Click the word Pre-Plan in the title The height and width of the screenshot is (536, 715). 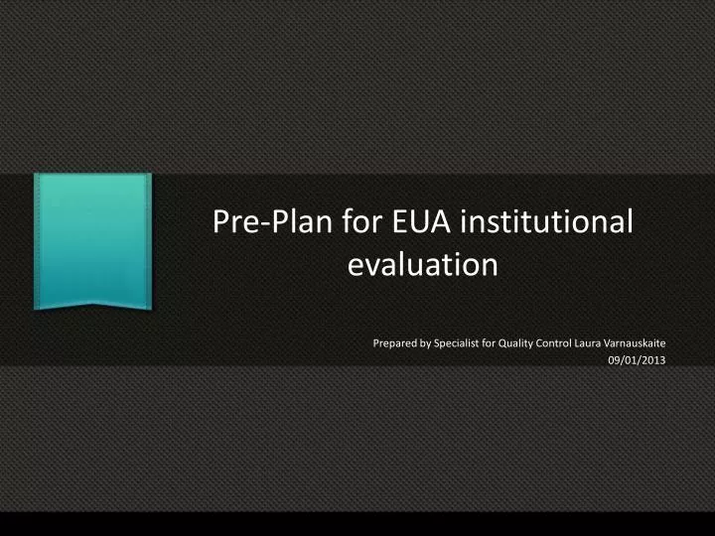coord(259,222)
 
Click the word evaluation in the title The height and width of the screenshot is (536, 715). coord(422,266)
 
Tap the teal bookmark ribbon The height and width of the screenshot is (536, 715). coord(92,238)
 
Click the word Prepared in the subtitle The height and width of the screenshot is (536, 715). coord(396,343)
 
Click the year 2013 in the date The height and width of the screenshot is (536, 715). coord(653,360)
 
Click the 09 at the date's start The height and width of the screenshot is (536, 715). coord(614,360)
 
